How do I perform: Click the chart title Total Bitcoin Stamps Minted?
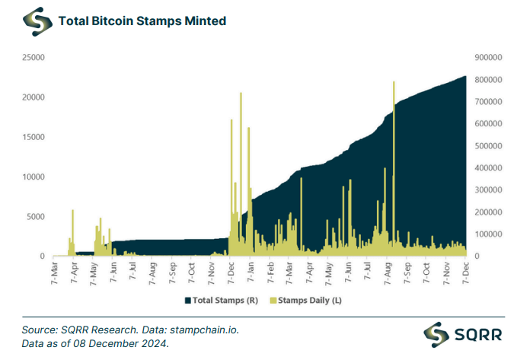142,21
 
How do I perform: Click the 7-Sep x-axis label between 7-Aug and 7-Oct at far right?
407,272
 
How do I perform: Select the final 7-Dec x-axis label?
466,272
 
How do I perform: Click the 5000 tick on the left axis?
36,217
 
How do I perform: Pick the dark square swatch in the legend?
188,301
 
